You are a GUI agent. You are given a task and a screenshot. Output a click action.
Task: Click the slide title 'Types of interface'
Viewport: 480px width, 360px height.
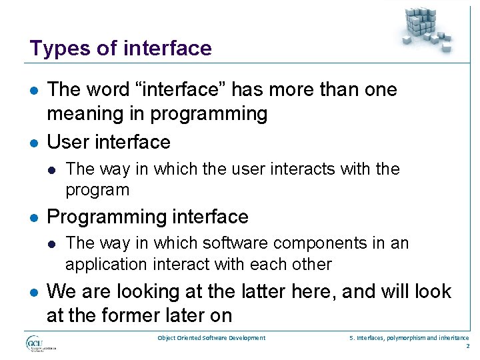(x=121, y=49)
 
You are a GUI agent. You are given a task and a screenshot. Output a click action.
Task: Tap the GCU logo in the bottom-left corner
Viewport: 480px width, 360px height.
(x=41, y=343)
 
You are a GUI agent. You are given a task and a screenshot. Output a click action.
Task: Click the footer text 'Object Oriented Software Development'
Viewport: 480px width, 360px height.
(x=211, y=338)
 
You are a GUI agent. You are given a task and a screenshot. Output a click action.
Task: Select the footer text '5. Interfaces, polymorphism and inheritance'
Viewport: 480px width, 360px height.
(x=409, y=338)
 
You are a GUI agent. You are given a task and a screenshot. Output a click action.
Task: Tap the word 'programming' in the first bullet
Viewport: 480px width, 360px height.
(x=209, y=115)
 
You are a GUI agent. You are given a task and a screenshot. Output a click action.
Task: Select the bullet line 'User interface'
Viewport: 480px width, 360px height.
(x=109, y=142)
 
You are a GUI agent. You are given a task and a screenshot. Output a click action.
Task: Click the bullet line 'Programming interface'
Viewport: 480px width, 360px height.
(x=147, y=217)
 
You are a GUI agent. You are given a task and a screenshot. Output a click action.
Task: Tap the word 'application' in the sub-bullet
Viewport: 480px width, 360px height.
(x=105, y=264)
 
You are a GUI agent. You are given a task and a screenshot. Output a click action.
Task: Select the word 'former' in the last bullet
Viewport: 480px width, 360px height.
(x=131, y=315)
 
